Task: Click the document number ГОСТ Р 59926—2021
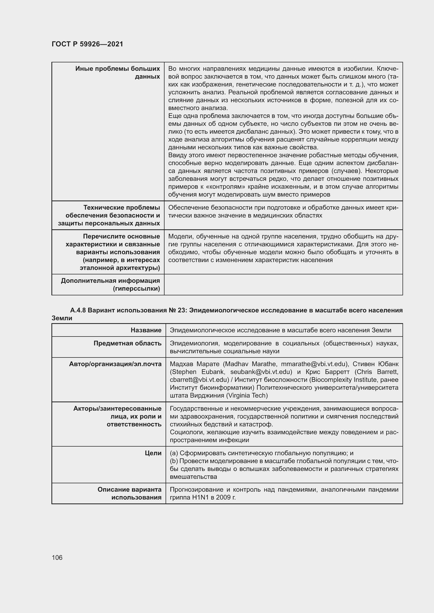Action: coord(87,44)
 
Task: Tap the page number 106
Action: coord(57,557)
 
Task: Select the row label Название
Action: coord(146,330)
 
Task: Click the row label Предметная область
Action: coord(128,343)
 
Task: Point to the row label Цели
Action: coord(153,453)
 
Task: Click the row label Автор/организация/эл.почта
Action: coord(115,364)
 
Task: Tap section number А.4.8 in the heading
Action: coord(78,310)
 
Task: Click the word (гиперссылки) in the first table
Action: coord(136,289)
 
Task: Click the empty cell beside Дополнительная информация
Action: coord(283,285)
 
